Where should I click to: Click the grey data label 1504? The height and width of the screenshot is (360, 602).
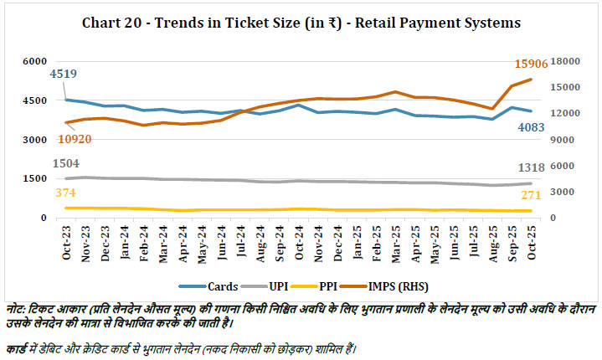67,164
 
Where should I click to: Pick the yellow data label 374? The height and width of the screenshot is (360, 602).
64,193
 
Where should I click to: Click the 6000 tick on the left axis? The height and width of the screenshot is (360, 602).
34,61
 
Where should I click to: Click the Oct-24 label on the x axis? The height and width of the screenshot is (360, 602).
298,242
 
